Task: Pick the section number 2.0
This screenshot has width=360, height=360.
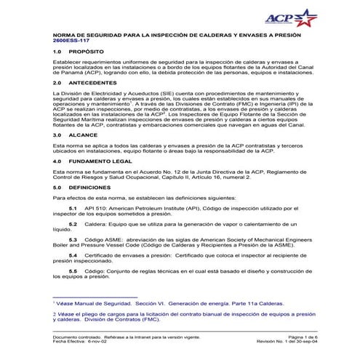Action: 57,83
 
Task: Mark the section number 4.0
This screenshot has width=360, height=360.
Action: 57,159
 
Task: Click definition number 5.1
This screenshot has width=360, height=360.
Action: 73,208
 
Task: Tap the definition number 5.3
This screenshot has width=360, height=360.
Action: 73,239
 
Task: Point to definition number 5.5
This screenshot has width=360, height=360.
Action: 73,270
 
